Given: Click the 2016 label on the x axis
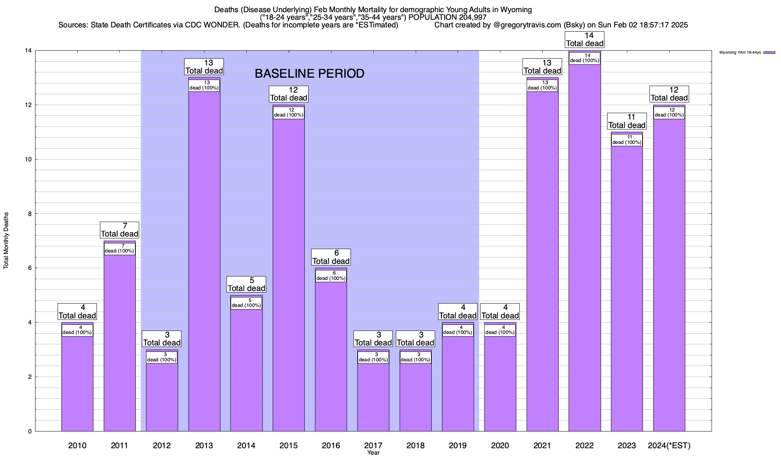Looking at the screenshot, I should (331, 446).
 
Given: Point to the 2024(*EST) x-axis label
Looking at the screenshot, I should (669, 446).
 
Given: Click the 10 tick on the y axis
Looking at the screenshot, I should (29, 160).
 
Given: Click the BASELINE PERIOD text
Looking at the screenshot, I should (309, 74).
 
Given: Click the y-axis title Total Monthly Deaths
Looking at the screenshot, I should (6, 241).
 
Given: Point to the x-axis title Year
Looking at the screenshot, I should (373, 453).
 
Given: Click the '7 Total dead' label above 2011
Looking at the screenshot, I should (119, 230).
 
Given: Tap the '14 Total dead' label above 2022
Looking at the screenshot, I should (585, 40).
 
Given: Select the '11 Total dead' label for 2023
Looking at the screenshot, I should (627, 121).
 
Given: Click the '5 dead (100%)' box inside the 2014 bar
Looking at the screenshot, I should (246, 303).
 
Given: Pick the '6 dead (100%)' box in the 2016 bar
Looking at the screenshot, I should (331, 276).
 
